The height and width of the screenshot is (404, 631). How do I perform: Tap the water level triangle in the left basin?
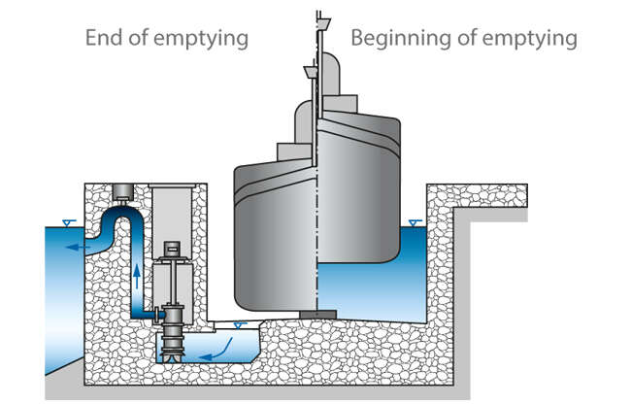(63, 223)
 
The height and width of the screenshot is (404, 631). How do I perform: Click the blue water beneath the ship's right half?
(374, 291)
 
